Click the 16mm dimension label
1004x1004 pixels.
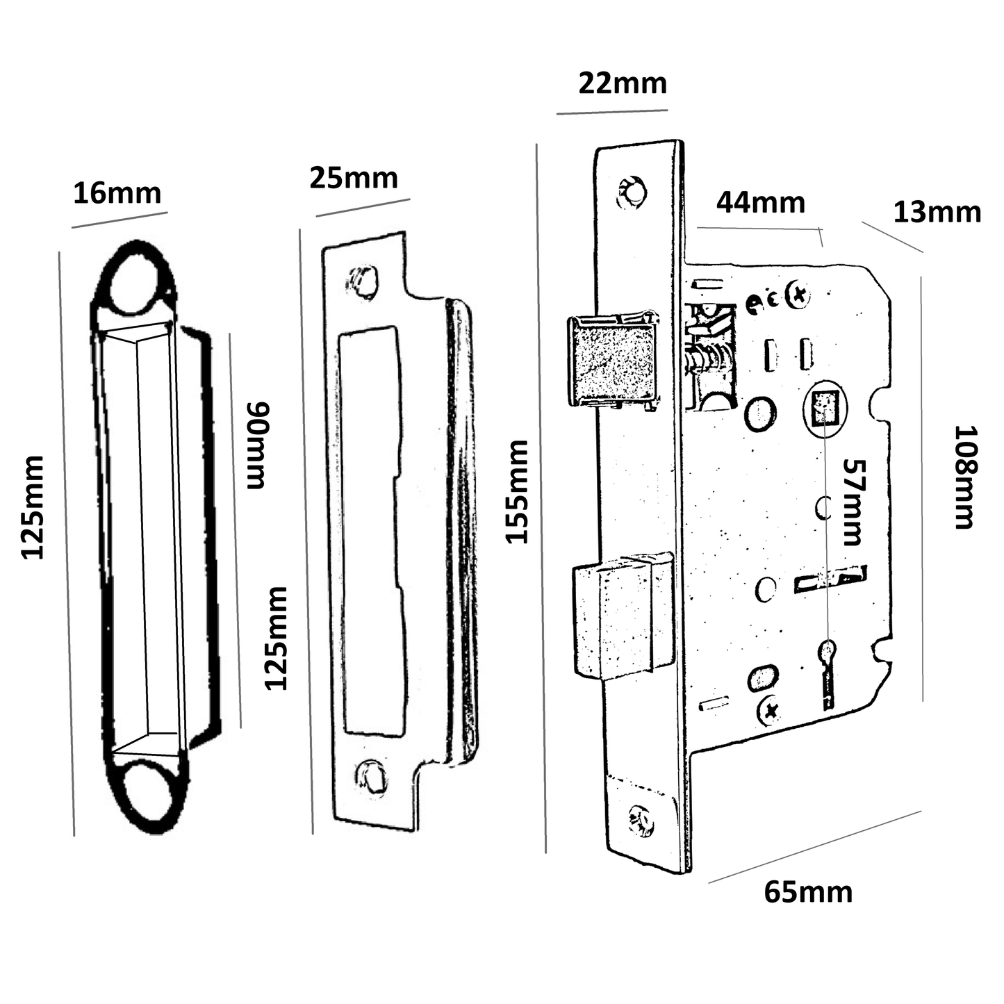coord(117,192)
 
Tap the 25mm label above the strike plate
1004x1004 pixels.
coord(354,178)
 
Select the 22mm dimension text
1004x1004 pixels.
coord(622,83)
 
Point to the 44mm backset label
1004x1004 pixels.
coord(760,202)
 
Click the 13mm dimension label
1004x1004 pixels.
coord(937,212)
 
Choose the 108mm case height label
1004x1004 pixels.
coord(964,477)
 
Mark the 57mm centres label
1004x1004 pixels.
coord(853,502)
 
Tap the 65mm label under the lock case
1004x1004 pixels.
coord(807,891)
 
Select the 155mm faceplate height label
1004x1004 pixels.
coord(518,491)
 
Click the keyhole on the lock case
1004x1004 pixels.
coord(828,653)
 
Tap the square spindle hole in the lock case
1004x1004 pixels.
coord(824,406)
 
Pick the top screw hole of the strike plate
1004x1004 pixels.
coord(363,281)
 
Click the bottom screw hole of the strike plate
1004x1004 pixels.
coord(369,775)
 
